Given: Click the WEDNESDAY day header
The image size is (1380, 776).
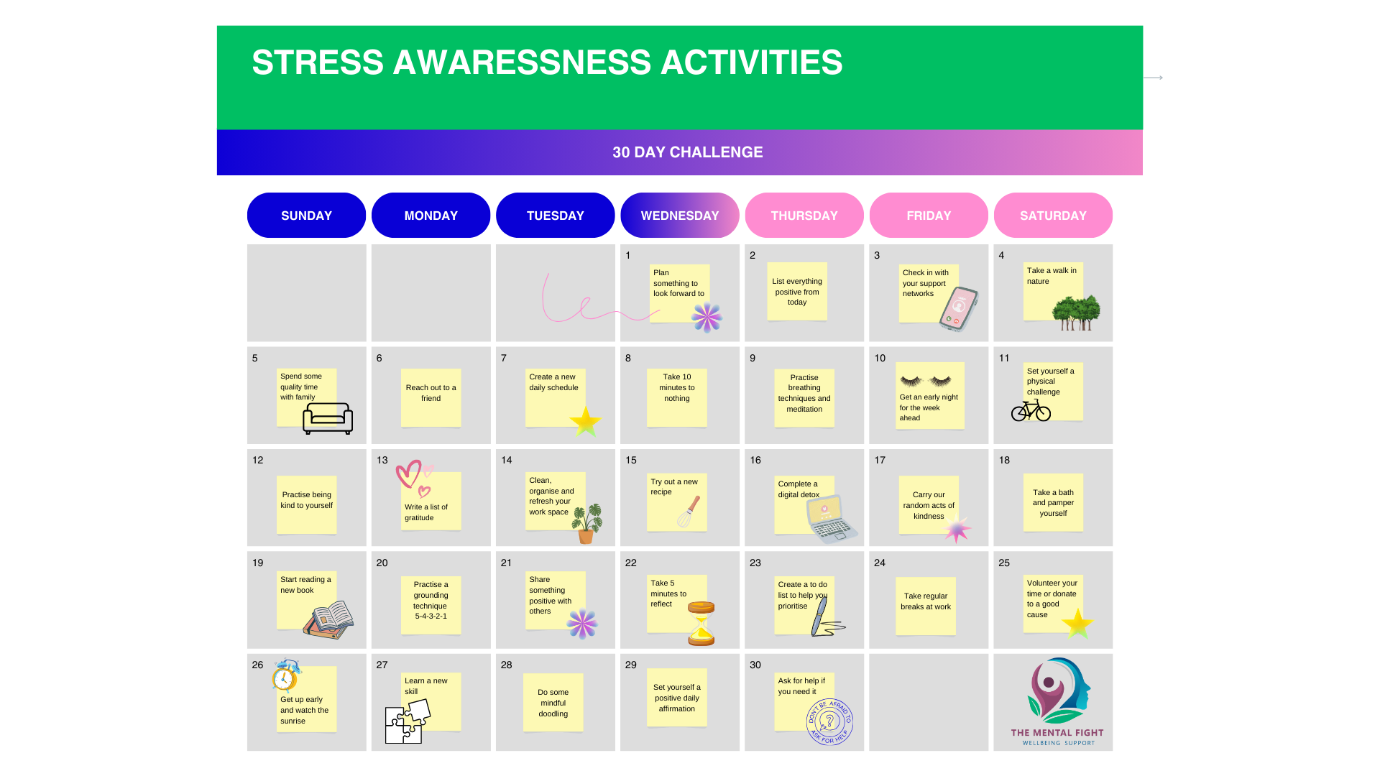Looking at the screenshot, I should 679,216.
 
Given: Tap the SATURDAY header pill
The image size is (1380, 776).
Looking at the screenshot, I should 1053,216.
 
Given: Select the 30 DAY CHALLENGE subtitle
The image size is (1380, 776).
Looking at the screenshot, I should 687,152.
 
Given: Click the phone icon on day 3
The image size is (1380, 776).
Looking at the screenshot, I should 959,309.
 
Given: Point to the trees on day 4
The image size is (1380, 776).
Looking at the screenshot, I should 1076,313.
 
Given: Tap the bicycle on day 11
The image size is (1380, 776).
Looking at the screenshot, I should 1031,410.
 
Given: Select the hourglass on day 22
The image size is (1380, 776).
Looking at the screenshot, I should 701,624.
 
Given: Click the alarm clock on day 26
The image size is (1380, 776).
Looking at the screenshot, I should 286,675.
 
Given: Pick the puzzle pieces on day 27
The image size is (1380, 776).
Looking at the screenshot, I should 407,721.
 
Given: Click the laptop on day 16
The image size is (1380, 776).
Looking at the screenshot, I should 832,519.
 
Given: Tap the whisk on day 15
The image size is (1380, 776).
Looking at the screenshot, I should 689,512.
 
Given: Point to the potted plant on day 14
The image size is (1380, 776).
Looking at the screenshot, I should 587,523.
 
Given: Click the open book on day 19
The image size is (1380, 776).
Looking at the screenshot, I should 329,619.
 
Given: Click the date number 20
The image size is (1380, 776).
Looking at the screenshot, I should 382,563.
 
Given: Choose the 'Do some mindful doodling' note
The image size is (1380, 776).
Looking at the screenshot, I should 553,703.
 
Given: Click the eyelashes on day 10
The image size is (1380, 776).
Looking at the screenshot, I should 926,381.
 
